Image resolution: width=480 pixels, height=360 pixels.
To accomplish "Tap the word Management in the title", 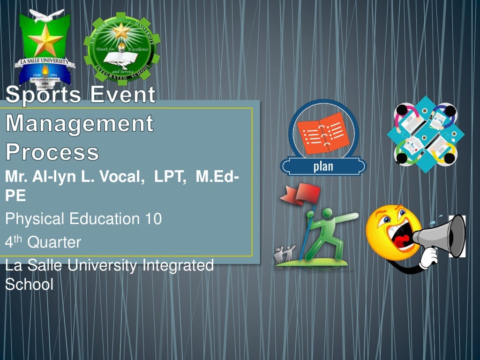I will (x=79, y=124).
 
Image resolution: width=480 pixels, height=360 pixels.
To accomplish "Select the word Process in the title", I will (x=52, y=152).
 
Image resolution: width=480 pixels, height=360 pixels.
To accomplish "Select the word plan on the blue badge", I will (x=323, y=166).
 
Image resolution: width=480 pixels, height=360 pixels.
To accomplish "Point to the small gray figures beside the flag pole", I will (x=284, y=253).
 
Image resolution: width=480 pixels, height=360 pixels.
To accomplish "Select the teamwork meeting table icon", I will (x=425, y=134).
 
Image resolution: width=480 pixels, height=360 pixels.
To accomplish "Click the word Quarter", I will (x=54, y=242).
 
